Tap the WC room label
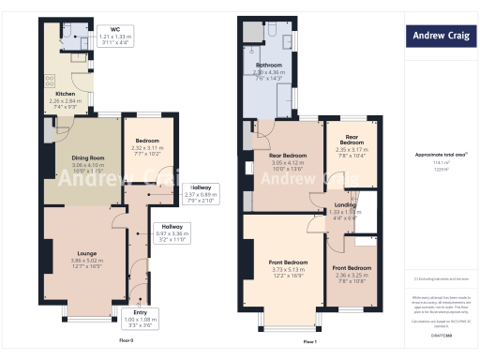pyautogui.click(x=114, y=28)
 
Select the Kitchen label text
pyautogui.click(x=65, y=94)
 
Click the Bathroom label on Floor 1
pyautogui.click(x=270, y=66)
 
